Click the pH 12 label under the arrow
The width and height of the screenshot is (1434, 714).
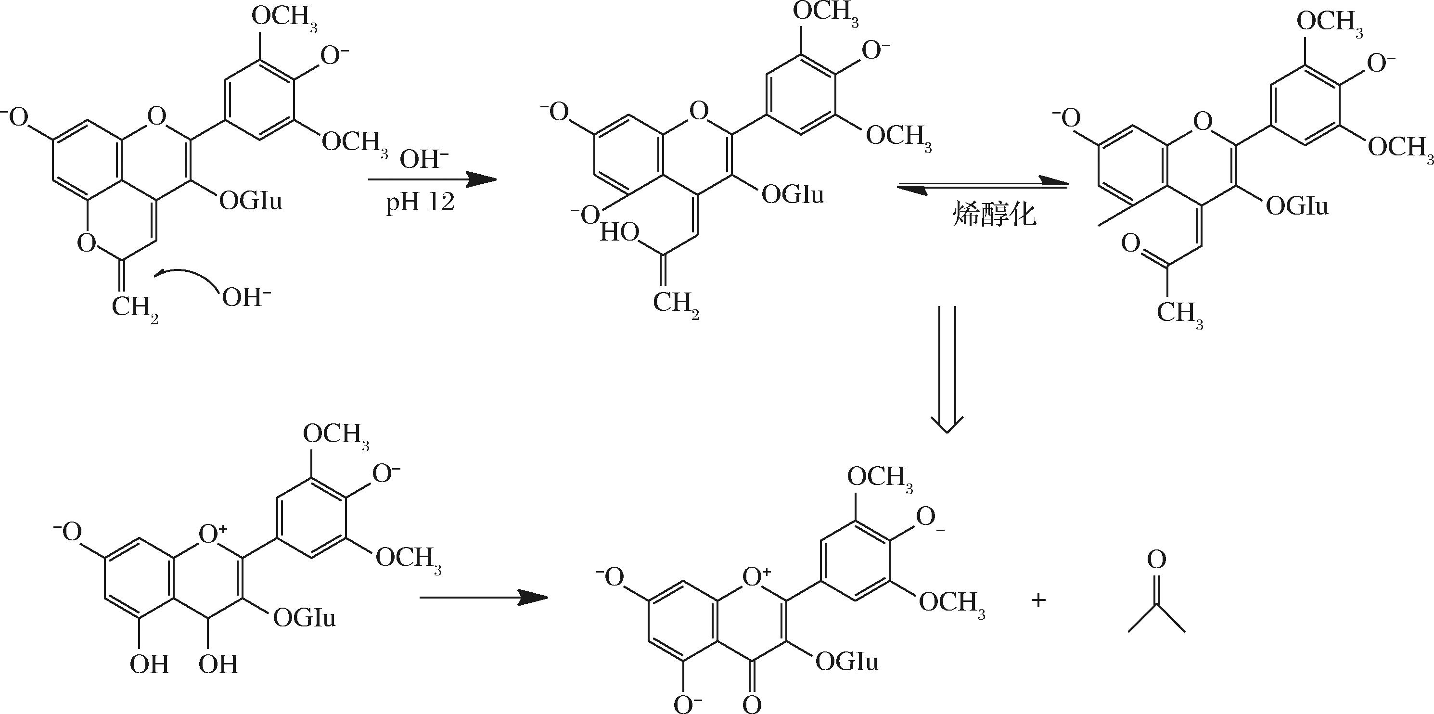point(420,203)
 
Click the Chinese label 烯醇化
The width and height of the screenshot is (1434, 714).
point(994,215)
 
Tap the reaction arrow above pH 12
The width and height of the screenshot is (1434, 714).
point(432,179)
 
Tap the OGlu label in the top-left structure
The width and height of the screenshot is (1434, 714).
point(251,200)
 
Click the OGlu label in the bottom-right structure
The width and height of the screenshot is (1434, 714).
point(846,662)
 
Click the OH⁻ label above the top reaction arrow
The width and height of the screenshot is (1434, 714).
point(423,160)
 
